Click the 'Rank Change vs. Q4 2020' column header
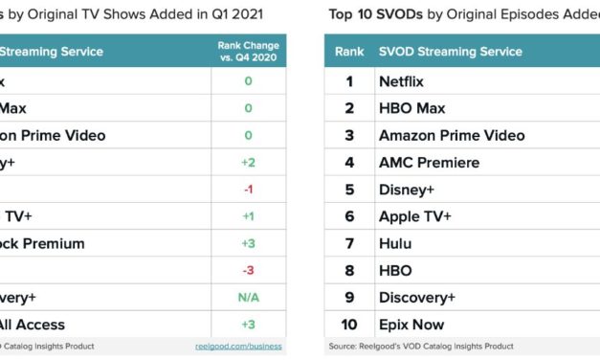248,52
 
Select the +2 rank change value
248,163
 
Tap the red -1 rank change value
248,190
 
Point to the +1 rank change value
248,216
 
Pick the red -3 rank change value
248,270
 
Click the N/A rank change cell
248,298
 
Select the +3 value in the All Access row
248,325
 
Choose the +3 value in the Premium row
248,243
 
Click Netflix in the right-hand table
407,82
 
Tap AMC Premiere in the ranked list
429,163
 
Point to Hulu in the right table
396,243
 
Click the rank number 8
350,270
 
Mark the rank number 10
350,325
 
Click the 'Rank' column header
349,52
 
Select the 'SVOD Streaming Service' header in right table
450,52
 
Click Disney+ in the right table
407,190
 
